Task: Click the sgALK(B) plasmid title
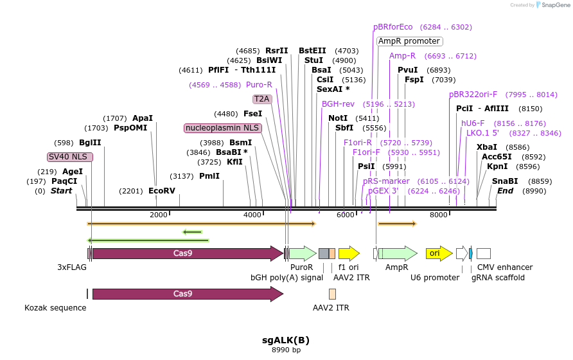286,339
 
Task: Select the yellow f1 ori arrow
348,253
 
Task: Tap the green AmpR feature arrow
398,253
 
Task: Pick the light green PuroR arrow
302,253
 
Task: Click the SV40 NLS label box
70,157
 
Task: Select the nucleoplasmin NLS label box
222,128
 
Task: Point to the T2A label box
262,99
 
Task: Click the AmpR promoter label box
409,41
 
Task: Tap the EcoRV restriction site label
161,191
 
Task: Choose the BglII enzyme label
90,143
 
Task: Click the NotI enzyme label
338,118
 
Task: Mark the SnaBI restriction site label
505,181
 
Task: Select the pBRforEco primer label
393,27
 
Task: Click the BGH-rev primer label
338,104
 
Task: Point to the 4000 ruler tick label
252,215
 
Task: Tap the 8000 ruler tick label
439,215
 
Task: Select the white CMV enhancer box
484,253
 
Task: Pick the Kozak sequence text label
55,308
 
